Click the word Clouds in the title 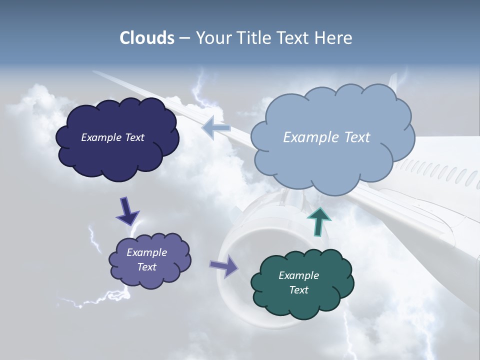[147, 38]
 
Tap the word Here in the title [333, 38]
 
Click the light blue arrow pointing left [216, 128]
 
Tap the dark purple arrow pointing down [127, 211]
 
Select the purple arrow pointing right [224, 265]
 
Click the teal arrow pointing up [319, 221]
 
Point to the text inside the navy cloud [112, 137]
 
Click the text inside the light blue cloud [326, 137]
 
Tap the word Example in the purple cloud [146, 252]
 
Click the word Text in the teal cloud [298, 290]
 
